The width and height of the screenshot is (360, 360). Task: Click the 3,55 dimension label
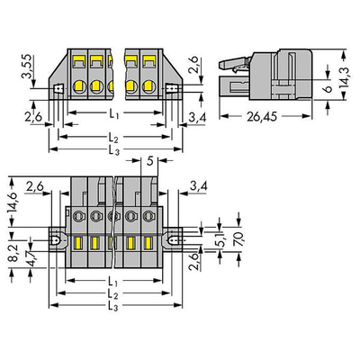pos(26,67)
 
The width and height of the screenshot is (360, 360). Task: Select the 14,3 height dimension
pos(344,77)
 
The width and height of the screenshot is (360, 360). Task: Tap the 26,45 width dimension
pos(262,116)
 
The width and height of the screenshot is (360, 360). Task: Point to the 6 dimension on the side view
pos(328,89)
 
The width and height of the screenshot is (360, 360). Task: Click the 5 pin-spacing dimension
pos(150,161)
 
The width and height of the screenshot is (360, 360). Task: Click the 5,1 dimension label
pos(220,239)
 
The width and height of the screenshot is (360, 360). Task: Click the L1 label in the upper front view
pos(113,113)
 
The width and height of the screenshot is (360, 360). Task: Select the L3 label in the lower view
pos(113,306)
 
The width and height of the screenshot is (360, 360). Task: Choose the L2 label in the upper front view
pos(113,139)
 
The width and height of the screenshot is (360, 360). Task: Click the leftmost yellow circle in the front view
pos(79,86)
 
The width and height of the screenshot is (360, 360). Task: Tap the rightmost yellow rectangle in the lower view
pos(148,243)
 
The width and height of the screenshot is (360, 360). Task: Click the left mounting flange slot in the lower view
pos(56,240)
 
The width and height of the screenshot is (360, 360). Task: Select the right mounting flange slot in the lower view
pos(173,240)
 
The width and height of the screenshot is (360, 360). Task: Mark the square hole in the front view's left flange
pos(58,88)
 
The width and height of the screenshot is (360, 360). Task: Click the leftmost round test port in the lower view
pos(79,215)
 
